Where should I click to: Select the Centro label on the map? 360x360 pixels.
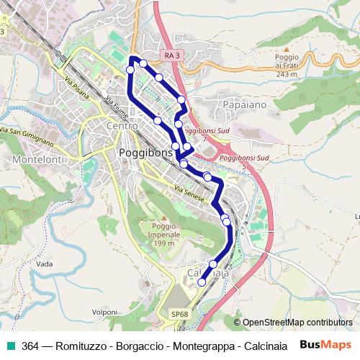[121, 127]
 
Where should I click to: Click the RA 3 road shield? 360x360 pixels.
[172, 55]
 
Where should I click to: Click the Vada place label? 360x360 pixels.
[44, 264]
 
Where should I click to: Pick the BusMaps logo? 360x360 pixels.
[326, 346]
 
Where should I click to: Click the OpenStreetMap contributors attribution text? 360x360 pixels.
[297, 323]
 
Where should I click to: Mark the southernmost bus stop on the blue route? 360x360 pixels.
[202, 282]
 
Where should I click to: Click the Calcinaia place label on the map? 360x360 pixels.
[208, 274]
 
